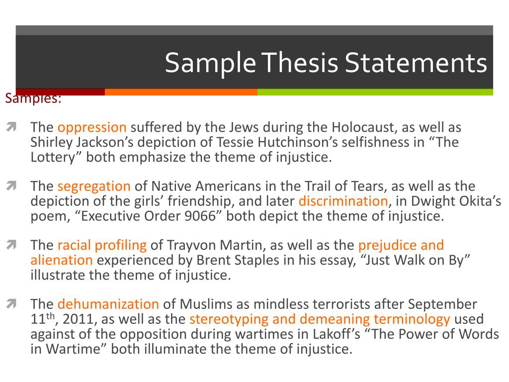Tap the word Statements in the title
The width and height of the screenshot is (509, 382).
pyautogui.click(x=417, y=63)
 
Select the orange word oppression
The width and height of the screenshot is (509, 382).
pyautogui.click(x=92, y=127)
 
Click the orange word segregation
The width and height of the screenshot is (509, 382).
pyautogui.click(x=94, y=187)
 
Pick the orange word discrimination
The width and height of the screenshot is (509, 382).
pyautogui.click(x=343, y=201)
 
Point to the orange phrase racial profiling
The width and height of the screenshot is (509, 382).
pyautogui.click(x=102, y=245)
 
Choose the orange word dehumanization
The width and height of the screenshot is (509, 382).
pyautogui.click(x=108, y=304)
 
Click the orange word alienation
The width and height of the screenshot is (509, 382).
pyautogui.click(x=62, y=260)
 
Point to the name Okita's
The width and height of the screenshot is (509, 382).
pyautogui.click(x=480, y=201)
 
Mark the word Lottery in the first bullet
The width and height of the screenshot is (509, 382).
pyautogui.click(x=52, y=157)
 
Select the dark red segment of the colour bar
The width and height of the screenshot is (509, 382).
pyautogui.click(x=60, y=92)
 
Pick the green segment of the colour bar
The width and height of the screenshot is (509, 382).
pyautogui.click(x=375, y=92)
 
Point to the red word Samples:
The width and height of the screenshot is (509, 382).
pyautogui.click(x=33, y=99)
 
